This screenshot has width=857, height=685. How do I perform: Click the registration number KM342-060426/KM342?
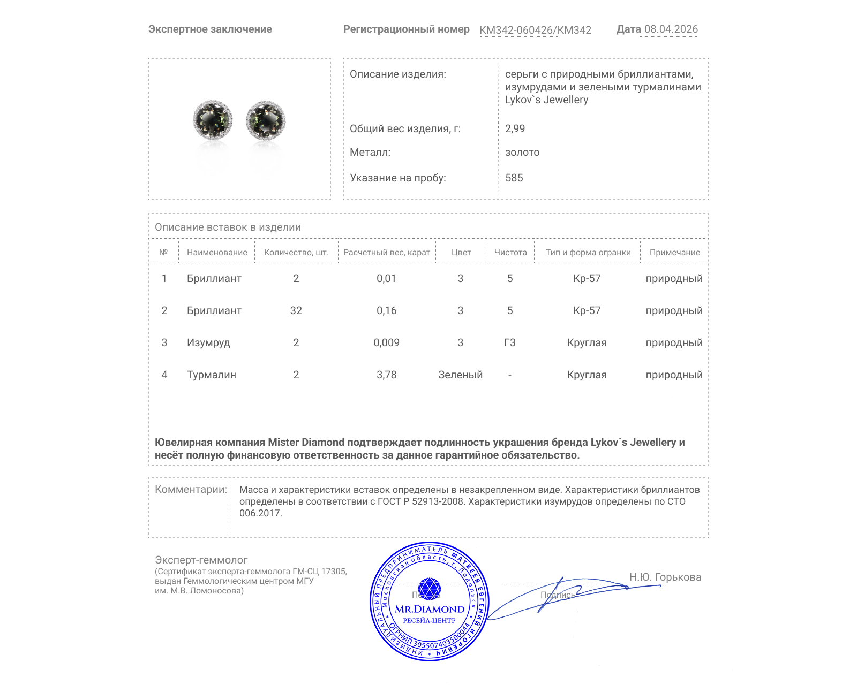pos(535,30)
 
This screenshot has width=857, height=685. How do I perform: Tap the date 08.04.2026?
pos(671,29)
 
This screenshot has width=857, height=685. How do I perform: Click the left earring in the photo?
pos(213,120)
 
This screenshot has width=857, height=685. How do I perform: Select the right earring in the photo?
pos(266,120)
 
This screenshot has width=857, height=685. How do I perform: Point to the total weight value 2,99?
pos(515,128)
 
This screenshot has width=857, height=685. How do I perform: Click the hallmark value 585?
pos(514,178)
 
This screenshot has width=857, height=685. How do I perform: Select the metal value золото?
pos(522,152)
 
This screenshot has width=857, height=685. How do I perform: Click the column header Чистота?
pos(510,252)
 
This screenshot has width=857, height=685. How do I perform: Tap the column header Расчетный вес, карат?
pos(386,252)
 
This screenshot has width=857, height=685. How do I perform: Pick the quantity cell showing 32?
pos(296,310)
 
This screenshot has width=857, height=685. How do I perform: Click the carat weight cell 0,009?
pos(386,342)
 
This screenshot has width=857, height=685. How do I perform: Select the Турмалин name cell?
pos(211,375)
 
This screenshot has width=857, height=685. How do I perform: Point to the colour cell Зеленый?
pos(460,375)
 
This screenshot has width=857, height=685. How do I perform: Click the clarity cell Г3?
pos(509,342)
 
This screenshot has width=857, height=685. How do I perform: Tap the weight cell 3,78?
pos(386,375)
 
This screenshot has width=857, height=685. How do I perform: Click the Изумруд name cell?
pos(208,342)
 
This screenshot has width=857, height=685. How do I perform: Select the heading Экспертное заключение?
pos(210,29)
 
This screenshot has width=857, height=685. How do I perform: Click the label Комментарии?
pos(191,489)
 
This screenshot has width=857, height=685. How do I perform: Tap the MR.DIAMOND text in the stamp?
pos(430,609)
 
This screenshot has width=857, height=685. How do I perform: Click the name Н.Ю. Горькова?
pos(665,577)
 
